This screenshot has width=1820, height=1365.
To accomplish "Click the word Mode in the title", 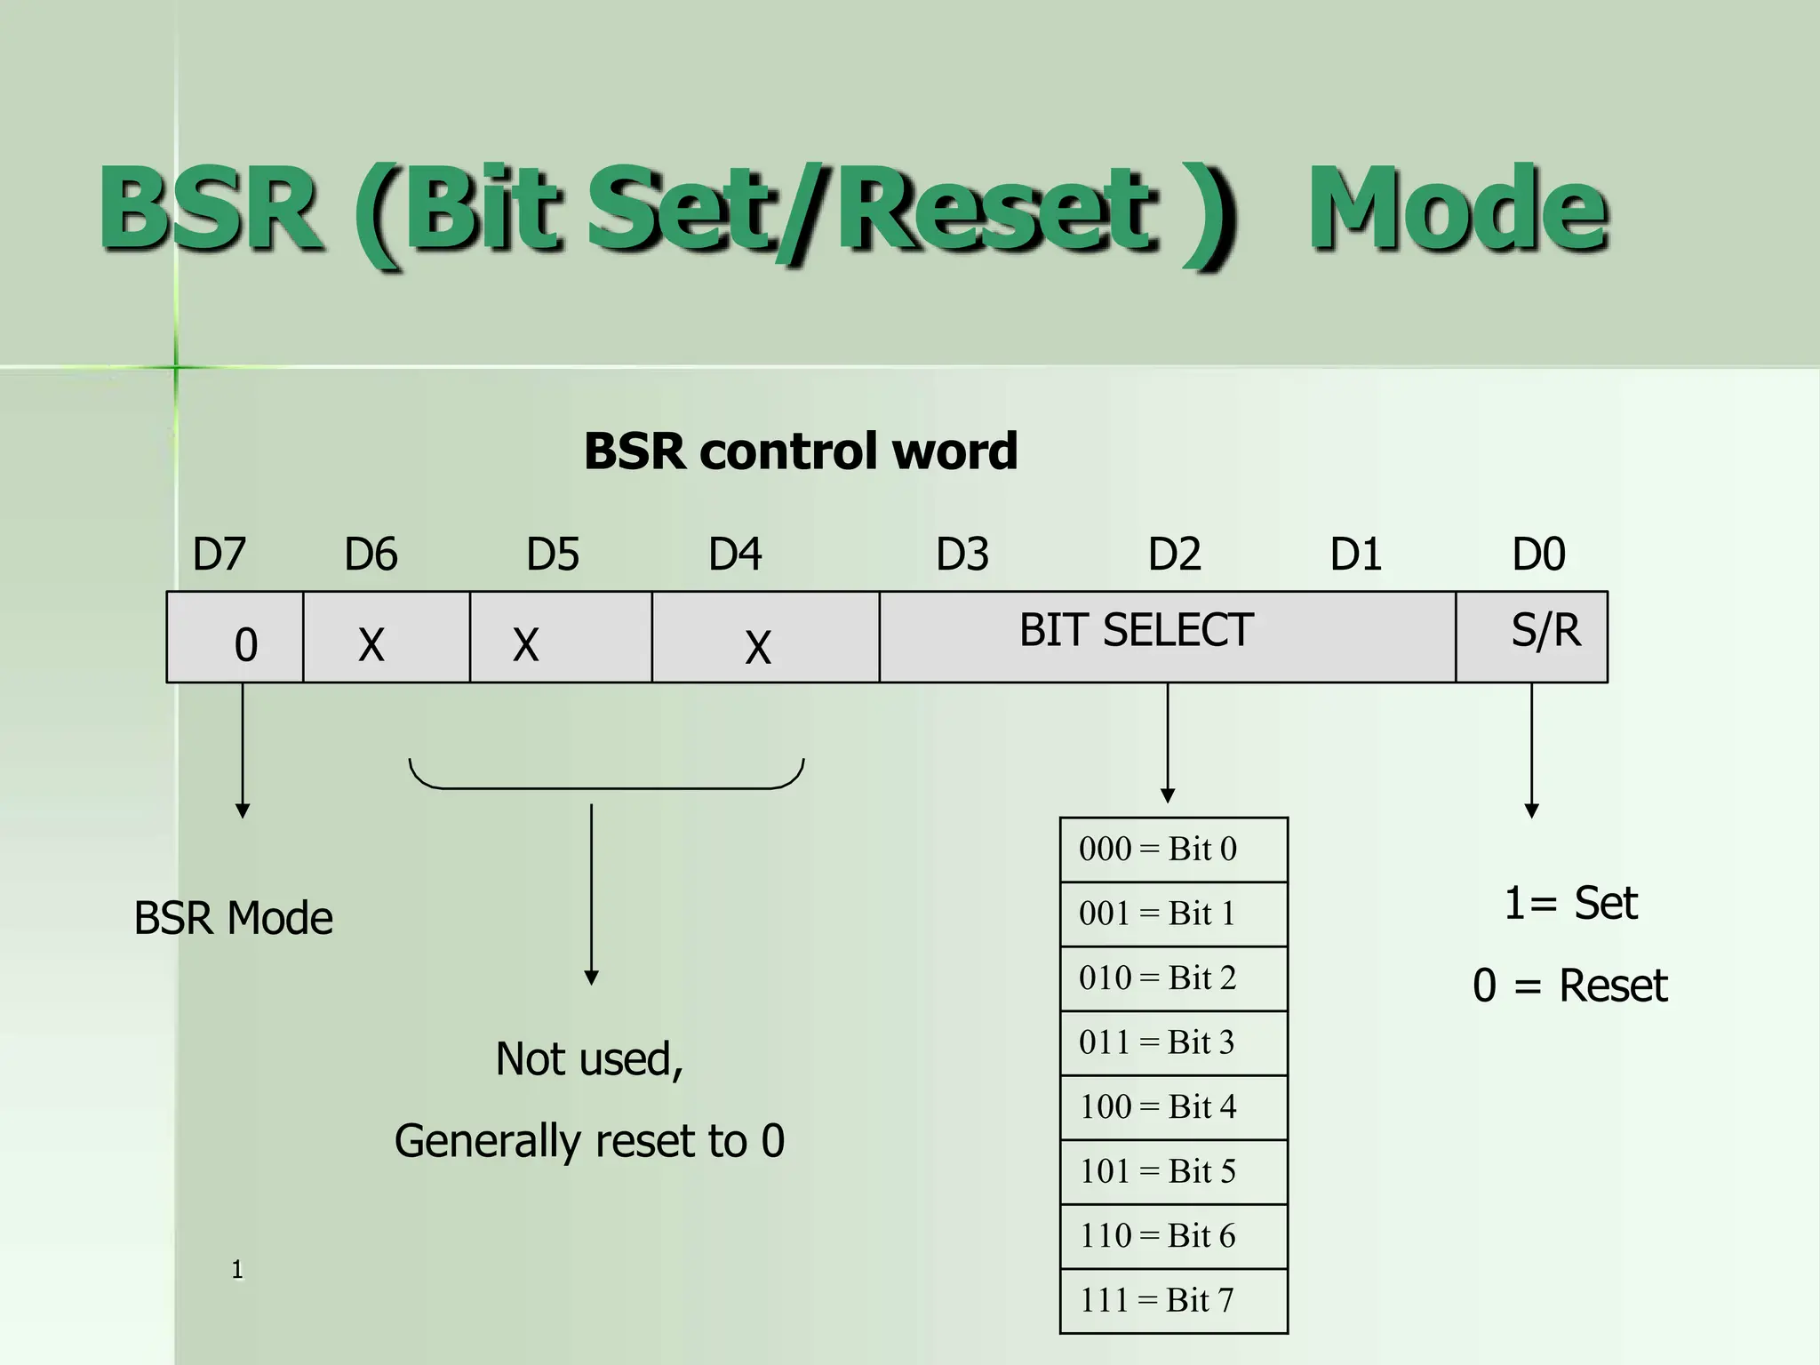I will (x=1457, y=210).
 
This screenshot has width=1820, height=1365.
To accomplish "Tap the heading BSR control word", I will (x=800, y=451).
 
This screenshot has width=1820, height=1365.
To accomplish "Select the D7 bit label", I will (x=219, y=555).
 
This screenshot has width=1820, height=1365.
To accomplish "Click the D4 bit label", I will (x=734, y=555).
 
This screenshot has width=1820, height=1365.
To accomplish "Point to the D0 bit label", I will (x=1538, y=555).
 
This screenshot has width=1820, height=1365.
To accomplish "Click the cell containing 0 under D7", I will (x=235, y=638).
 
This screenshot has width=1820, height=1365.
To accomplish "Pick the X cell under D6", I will (x=386, y=638).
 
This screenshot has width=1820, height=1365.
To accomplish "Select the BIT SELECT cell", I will (x=1166, y=636).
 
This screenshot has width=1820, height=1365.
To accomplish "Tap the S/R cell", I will (x=1532, y=636).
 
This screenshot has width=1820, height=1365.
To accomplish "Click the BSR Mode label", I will (x=233, y=918).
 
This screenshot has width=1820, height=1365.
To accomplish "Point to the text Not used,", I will (x=589, y=1058).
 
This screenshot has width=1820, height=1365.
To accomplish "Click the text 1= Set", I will (x=1570, y=903).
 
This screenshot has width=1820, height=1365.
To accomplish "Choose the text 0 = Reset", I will (x=1570, y=986).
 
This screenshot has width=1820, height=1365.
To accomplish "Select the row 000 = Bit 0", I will (x=1173, y=850).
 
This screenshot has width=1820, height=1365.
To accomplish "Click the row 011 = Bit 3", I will (x=1173, y=1042).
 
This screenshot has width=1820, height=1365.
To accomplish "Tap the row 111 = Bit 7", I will (x=1173, y=1300).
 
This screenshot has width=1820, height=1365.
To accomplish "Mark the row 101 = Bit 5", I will (x=1173, y=1171).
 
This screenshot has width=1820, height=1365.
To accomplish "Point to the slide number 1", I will (x=237, y=1269).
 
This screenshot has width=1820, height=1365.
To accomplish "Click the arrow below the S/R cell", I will (x=1531, y=751).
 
